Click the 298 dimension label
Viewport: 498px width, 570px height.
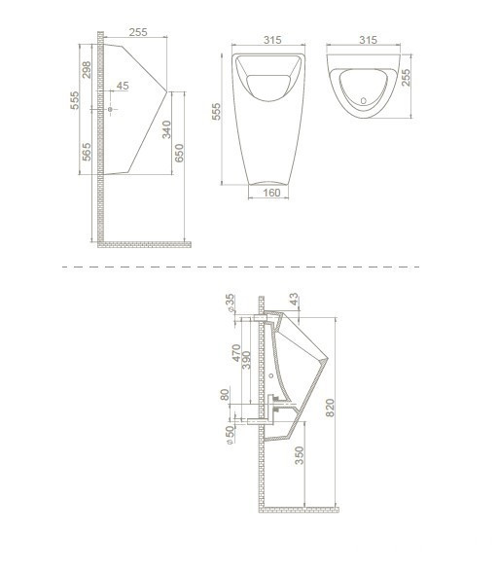(87, 70)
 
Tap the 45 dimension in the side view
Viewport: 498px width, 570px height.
(123, 86)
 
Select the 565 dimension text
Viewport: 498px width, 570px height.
(87, 152)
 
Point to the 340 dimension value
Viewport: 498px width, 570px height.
(166, 129)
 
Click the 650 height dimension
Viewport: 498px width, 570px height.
(179, 153)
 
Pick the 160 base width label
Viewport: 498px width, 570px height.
(271, 193)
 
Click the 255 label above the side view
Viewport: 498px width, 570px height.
(138, 32)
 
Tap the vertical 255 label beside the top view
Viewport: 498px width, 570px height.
(406, 78)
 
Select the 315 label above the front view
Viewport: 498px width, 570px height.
(272, 40)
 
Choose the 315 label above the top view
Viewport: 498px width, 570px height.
(368, 40)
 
